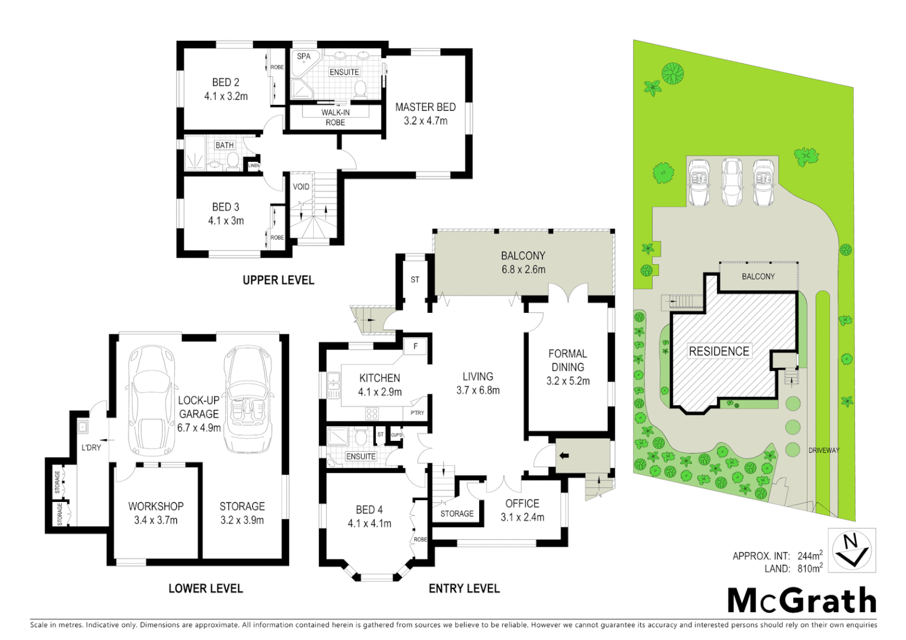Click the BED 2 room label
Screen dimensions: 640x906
coord(225,82)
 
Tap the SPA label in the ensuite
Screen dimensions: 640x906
coord(304,57)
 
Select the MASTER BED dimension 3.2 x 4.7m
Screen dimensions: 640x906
coord(425,121)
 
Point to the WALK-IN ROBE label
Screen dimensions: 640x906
coord(335,117)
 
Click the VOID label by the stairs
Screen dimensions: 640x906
coord(301,187)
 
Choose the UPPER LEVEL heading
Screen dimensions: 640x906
coord(278,280)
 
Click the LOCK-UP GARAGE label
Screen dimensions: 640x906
coord(199,407)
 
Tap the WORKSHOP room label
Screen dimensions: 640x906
coord(155,507)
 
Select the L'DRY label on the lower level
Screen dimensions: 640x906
coord(91,447)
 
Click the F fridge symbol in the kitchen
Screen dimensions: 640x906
coord(416,347)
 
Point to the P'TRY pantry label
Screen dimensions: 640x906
coord(417,413)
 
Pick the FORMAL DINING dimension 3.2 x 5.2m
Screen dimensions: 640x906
coord(567,382)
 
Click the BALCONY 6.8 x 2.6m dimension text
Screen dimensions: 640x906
coord(523,270)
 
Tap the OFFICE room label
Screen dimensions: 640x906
coord(522,504)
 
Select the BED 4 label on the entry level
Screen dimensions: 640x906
coord(369,510)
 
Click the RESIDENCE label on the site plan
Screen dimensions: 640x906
coord(719,351)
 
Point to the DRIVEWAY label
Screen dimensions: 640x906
coord(824,450)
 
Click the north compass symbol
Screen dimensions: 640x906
coord(851,550)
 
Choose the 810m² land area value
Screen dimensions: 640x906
coord(810,569)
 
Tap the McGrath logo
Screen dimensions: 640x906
coord(802,601)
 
